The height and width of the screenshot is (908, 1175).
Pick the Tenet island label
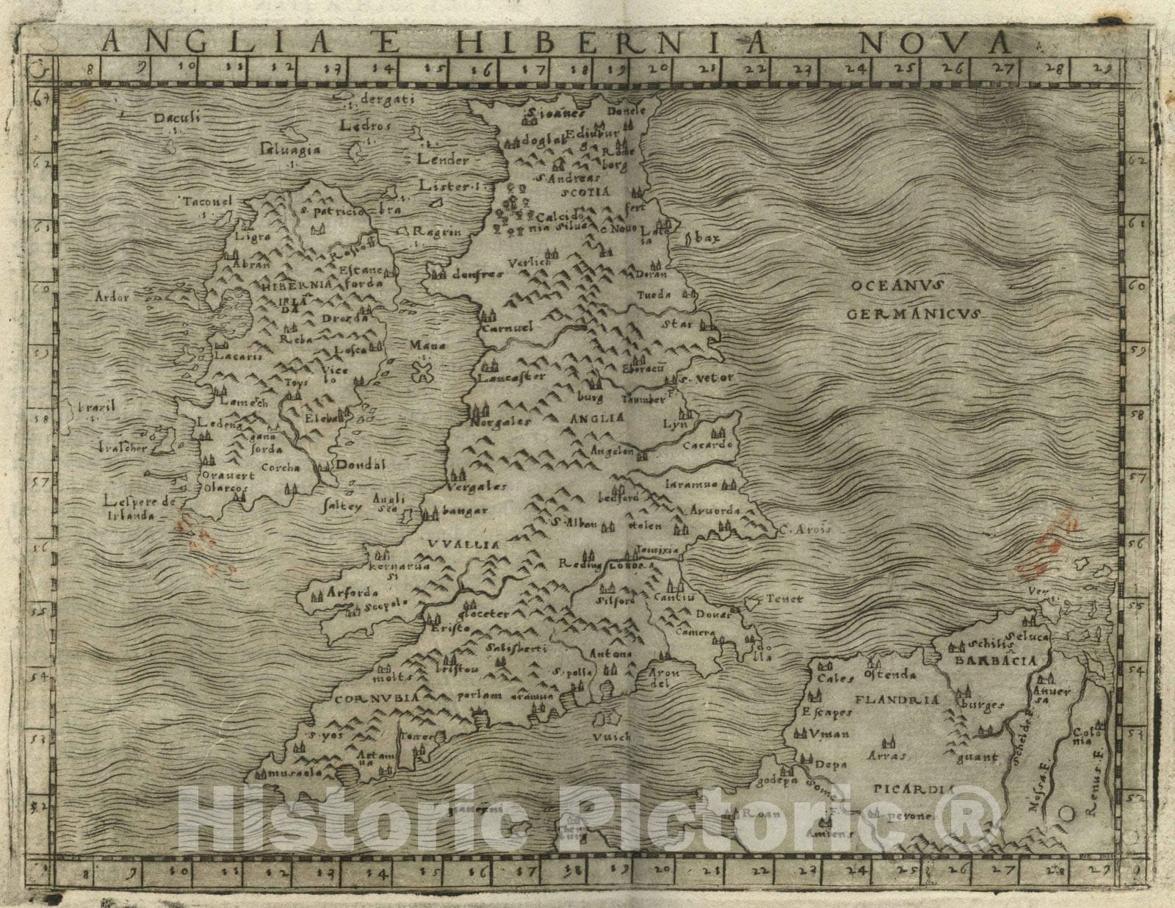(786, 599)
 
